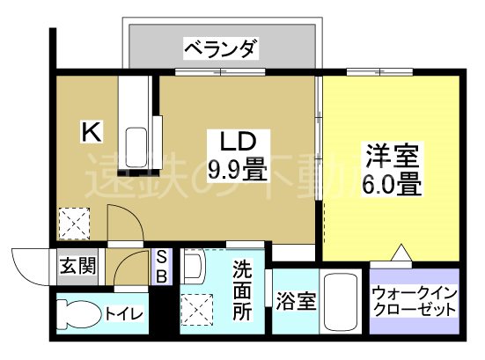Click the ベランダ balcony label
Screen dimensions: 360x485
221,48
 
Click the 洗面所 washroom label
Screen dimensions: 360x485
243,289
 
